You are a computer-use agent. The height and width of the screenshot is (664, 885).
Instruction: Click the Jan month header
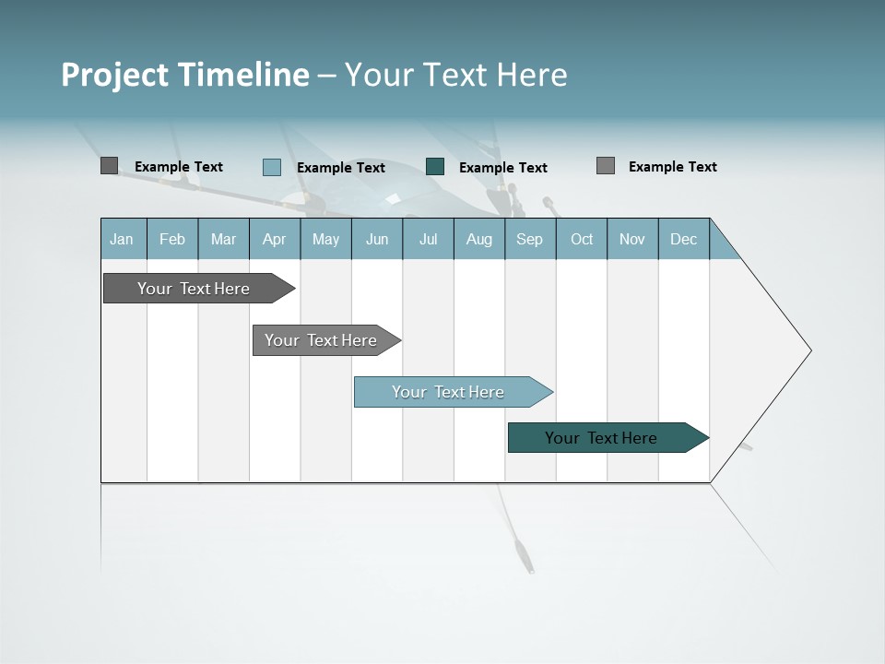122,240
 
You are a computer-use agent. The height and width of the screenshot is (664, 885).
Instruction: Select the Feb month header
172,240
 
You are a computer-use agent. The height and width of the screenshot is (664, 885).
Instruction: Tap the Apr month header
275,240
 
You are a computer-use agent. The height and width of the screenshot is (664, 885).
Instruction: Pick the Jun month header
377,240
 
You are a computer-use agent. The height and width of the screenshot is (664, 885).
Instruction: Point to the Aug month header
479,240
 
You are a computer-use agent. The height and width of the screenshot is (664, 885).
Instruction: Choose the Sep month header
530,240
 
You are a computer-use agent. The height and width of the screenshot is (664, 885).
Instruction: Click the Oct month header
582,240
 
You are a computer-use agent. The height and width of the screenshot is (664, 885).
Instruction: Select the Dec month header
684,240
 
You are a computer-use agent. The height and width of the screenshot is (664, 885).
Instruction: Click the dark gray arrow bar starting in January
194,289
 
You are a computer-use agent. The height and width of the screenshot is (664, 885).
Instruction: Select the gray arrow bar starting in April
321,340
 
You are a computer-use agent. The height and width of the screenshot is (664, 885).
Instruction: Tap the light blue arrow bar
448,392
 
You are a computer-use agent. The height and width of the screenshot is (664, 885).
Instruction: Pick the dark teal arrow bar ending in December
601,438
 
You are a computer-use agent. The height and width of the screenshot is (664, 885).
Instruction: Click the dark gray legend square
109,166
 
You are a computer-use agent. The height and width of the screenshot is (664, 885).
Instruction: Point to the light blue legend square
271,167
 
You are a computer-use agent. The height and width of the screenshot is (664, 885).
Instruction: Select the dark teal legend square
435,166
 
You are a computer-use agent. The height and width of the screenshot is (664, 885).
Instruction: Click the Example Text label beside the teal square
503,168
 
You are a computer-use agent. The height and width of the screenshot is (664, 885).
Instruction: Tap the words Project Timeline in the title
185,75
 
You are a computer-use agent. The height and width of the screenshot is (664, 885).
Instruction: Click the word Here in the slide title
532,75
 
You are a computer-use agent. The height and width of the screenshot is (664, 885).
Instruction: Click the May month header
325,240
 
